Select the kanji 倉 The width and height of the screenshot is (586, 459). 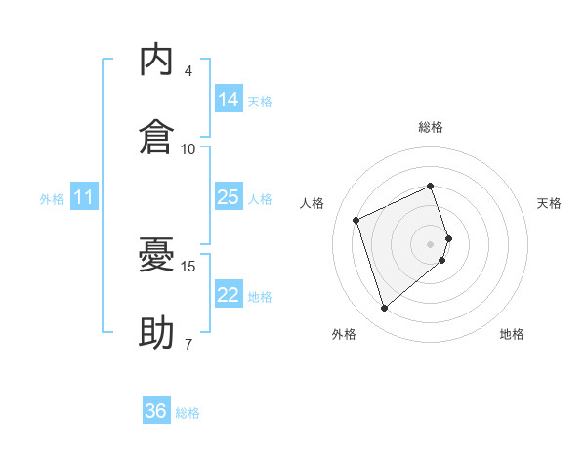coord(156,137)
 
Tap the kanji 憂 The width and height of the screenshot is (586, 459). coord(156,254)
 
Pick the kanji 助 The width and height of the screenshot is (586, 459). coord(156,332)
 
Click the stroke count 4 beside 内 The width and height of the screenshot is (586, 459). coord(188,71)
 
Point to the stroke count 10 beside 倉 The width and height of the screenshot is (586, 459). coord(188,149)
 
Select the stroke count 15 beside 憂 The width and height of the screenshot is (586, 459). coord(188,267)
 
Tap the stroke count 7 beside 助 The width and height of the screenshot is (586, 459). coord(188,344)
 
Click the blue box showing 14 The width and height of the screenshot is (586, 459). coord(229,99)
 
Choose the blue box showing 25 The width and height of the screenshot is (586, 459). coord(229,196)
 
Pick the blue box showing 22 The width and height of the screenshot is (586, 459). coord(229,293)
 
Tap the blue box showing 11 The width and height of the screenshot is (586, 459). coord(84,196)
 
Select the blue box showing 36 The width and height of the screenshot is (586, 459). coord(156,409)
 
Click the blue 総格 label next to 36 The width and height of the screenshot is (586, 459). coord(188,413)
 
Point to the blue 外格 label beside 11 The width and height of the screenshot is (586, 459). coord(52,199)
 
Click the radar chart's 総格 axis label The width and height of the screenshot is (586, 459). coord(431,127)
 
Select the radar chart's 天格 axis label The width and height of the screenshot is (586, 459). coord(549,203)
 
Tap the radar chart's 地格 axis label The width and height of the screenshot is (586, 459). coord(512,334)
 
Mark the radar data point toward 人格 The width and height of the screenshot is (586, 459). coord(356,220)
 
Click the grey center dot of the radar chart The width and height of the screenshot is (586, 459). coord(430,244)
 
